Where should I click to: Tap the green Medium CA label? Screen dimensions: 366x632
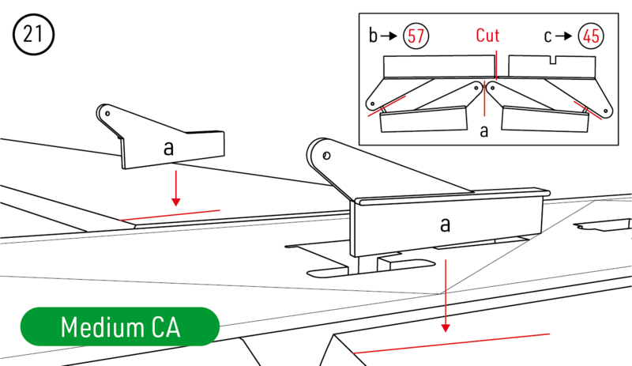(119, 326)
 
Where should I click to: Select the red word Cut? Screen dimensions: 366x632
(488, 36)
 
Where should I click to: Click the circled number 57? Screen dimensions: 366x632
(416, 36)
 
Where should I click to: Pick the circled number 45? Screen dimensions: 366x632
(589, 36)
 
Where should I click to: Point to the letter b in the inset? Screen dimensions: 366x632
(374, 36)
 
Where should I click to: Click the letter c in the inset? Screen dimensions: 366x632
(548, 36)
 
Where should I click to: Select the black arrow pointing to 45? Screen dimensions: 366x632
(566, 36)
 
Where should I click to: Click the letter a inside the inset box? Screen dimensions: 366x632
(484, 131)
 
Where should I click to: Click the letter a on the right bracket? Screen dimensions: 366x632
(445, 225)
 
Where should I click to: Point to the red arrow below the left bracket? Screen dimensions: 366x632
(175, 191)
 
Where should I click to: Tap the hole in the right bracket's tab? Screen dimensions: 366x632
(325, 154)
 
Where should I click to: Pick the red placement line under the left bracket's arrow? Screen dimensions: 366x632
(170, 215)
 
